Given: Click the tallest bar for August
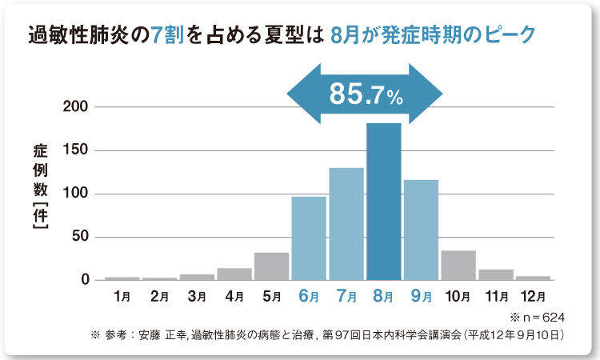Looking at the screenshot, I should (383, 202).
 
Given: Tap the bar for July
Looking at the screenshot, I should (346, 224).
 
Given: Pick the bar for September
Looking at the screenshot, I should (421, 230).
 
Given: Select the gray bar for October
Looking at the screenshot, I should (458, 266).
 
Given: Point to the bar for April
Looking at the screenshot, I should (234, 274).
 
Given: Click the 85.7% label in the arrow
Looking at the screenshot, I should (366, 97).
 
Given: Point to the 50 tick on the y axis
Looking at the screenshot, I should (86, 238).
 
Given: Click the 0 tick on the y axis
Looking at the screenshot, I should (89, 281).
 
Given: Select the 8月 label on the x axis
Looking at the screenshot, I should (383, 297).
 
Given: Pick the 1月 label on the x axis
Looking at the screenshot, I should (122, 297).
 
